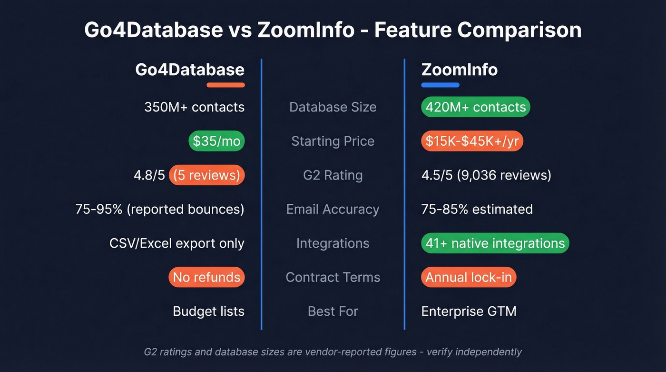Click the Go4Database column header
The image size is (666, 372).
(x=189, y=70)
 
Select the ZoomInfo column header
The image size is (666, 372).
(x=459, y=70)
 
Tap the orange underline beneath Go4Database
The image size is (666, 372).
(x=225, y=85)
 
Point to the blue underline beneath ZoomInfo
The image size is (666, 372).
(x=440, y=85)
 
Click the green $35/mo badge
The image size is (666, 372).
(x=216, y=141)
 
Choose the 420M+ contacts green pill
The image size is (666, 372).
(x=475, y=107)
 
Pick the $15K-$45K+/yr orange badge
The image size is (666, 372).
(x=472, y=141)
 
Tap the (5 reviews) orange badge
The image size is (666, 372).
(x=206, y=175)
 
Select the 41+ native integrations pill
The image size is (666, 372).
(x=495, y=243)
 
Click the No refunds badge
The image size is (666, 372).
(x=206, y=277)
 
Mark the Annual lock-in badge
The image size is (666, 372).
(x=468, y=277)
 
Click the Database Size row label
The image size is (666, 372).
(x=333, y=107)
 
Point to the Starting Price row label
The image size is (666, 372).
(x=333, y=141)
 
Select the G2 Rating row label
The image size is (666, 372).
(x=333, y=175)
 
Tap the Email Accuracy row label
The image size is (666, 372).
(x=333, y=210)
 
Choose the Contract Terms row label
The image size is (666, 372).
(x=333, y=277)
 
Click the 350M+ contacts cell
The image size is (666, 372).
(x=194, y=107)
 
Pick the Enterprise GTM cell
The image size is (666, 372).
(x=469, y=312)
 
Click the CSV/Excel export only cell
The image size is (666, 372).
(x=176, y=243)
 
